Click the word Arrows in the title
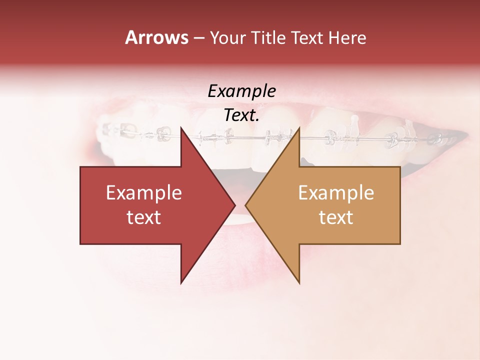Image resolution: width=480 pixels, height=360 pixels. [x=156, y=37]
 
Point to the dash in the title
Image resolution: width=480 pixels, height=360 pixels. [x=199, y=38]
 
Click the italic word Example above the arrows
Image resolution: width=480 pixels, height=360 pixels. [x=241, y=91]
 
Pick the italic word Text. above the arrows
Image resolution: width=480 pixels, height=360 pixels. [x=241, y=115]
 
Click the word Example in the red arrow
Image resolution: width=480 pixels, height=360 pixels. [x=144, y=193]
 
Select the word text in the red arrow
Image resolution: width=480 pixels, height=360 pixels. [x=144, y=217]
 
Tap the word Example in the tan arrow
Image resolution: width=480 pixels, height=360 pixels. [x=336, y=193]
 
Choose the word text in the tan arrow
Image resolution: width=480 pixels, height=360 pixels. [x=336, y=217]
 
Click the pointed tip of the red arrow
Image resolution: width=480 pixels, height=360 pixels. [x=235, y=205]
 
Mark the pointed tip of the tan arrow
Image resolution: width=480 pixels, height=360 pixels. [x=245, y=205]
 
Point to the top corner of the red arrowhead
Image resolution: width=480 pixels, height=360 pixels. [x=181, y=127]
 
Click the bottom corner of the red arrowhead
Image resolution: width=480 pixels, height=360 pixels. [x=181, y=283]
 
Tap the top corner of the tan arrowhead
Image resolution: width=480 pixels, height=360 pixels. [x=299, y=127]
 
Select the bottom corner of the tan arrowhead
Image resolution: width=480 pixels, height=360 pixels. [x=299, y=283]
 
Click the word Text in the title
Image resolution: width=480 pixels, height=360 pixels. [x=308, y=38]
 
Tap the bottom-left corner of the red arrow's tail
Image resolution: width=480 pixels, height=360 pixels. [x=80, y=244]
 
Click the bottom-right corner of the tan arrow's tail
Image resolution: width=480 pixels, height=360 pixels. [x=400, y=244]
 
